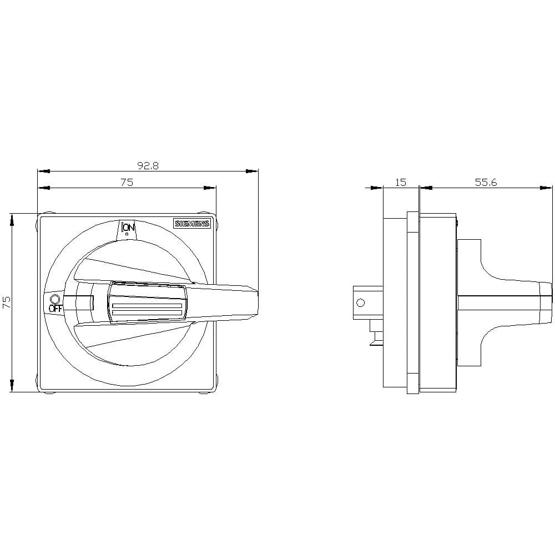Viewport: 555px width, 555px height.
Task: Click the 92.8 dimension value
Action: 148,165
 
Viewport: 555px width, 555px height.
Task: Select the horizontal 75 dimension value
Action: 127,182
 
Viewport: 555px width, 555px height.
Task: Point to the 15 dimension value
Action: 400,182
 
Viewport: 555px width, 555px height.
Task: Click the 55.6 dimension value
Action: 486,182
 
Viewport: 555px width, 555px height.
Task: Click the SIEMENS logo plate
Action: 192,223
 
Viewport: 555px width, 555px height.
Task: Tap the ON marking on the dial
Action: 128,228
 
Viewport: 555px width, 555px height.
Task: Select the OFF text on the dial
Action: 55,309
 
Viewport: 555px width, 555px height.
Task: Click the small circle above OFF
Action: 55,298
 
